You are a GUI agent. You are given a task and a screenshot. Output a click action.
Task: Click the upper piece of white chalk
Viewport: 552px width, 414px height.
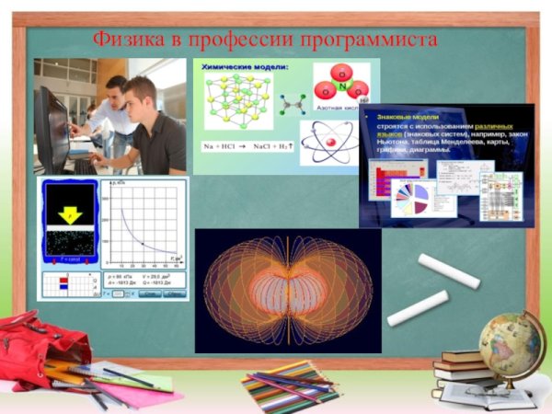[x=449, y=270]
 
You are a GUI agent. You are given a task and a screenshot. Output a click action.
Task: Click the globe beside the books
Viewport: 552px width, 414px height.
[x=511, y=345]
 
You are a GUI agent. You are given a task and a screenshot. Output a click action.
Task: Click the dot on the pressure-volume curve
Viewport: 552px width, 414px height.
[x=141, y=242]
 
